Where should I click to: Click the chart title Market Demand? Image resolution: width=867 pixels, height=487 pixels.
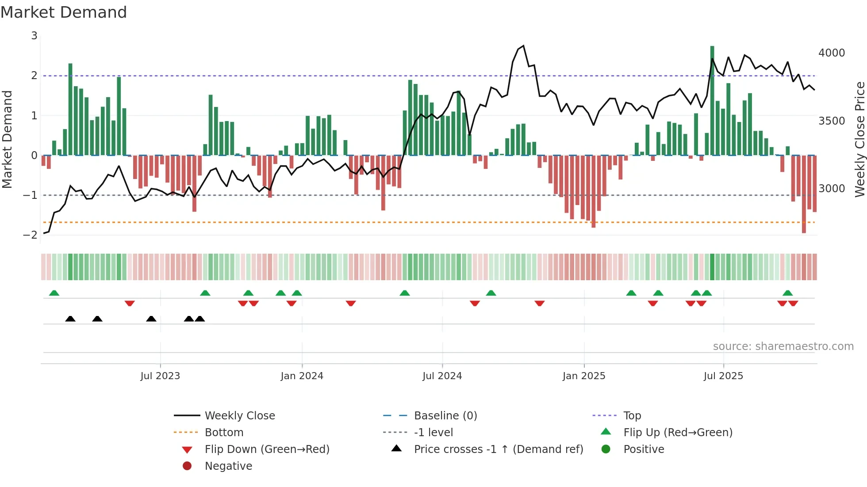click(64, 12)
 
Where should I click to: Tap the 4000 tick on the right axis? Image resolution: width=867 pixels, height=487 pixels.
click(831, 53)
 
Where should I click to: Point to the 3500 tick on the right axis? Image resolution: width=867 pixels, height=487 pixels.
click(831, 121)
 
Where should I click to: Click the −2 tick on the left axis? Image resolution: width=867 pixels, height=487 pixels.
click(30, 235)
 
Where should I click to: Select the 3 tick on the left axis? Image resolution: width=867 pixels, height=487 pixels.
click(34, 36)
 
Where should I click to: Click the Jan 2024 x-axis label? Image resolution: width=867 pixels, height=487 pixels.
click(302, 376)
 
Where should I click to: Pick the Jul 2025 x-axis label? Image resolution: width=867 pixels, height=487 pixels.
click(723, 376)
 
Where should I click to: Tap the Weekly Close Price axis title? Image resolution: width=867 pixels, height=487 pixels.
click(859, 139)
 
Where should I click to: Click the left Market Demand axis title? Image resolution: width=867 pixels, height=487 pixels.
click(8, 139)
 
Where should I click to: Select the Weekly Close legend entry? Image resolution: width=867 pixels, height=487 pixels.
click(239, 416)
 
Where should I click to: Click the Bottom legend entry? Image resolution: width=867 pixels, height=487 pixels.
click(224, 433)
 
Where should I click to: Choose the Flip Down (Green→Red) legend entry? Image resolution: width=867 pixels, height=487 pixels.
click(267, 449)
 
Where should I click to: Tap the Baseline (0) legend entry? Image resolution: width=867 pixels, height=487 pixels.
click(445, 416)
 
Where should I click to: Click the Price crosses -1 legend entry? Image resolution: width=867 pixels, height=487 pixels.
click(498, 449)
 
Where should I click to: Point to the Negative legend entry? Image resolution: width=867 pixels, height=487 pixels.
click(228, 466)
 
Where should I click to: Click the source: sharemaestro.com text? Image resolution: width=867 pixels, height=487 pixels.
click(783, 346)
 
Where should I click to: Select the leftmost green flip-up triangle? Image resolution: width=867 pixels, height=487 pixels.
click(54, 293)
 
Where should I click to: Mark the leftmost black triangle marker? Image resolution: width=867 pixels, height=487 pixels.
click(70, 319)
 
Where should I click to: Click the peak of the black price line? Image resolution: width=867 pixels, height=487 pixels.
click(523, 46)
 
